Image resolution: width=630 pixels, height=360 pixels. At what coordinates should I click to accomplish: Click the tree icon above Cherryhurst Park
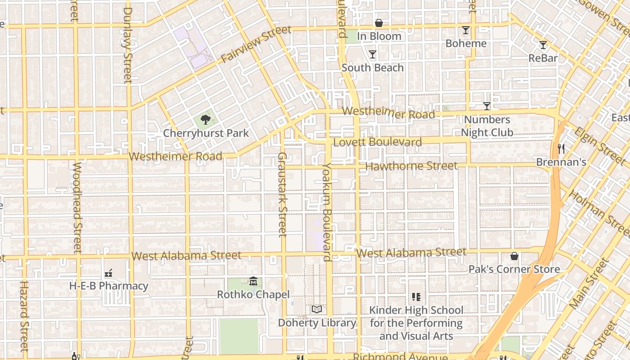pos(206,120)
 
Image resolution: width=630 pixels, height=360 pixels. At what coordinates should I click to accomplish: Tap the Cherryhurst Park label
pos(206,133)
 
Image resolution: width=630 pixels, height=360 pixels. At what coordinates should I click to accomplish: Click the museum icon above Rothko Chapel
pos(253,282)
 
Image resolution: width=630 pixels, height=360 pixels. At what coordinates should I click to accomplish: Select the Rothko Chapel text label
pos(253,295)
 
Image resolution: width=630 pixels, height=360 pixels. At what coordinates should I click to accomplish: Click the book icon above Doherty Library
pos(317,310)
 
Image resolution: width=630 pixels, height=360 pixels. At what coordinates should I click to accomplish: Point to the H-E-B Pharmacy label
pos(108,286)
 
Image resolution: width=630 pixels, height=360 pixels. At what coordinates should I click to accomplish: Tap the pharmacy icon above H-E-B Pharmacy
pos(108,273)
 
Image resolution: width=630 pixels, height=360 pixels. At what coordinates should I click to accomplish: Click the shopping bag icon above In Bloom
pos(379,23)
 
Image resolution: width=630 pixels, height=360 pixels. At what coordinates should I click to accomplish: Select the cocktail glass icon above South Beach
pos(373,54)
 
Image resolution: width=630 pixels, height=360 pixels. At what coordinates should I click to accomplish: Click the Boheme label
pos(466,44)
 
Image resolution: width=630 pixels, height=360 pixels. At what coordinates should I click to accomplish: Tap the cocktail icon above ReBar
pos(543,45)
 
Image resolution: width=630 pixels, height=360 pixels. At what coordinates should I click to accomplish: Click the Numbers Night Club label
pos(487,126)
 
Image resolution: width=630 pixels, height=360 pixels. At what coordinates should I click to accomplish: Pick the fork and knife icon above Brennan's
pos(561,149)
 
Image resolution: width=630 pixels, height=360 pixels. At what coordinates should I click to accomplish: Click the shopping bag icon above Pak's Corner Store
pos(514,256)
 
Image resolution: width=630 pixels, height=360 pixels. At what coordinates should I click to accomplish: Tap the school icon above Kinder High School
pos(416,297)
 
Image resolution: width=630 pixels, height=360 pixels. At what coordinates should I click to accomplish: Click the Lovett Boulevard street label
pos(378,143)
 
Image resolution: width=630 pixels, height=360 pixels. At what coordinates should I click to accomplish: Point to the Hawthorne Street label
pos(411,166)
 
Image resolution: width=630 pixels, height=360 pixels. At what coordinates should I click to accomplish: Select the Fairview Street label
pos(256,45)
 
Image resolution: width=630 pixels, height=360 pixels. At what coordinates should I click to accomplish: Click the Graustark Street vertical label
pos(282,194)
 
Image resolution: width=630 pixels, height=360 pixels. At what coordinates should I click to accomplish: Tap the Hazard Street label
pos(24,316)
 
